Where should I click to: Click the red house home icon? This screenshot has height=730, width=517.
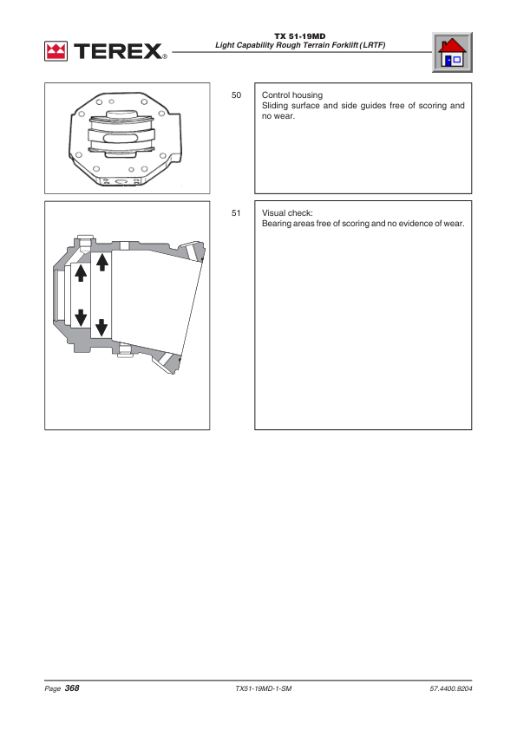tap(452, 52)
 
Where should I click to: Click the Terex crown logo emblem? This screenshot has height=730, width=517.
tap(56, 51)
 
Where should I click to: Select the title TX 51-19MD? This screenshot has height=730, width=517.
tap(300, 36)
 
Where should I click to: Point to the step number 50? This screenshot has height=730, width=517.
tap(237, 95)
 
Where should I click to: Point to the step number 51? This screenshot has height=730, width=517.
tap(236, 212)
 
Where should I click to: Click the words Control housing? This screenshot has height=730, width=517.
tap(292, 95)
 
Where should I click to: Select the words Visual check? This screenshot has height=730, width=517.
tap(287, 212)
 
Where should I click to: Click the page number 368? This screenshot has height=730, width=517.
tap(72, 688)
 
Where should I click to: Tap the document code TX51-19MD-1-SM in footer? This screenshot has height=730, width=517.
tap(264, 688)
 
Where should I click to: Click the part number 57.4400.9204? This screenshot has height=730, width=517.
tap(451, 688)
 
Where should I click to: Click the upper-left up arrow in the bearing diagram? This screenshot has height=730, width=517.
tap(81, 273)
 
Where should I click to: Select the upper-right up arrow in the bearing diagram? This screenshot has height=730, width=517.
tap(102, 262)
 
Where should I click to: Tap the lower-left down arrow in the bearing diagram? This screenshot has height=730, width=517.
tap(81, 317)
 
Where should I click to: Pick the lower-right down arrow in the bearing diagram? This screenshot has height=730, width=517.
tap(101, 328)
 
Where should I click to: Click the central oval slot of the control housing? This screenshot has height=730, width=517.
tap(121, 138)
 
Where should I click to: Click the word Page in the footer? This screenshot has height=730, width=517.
tap(53, 688)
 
